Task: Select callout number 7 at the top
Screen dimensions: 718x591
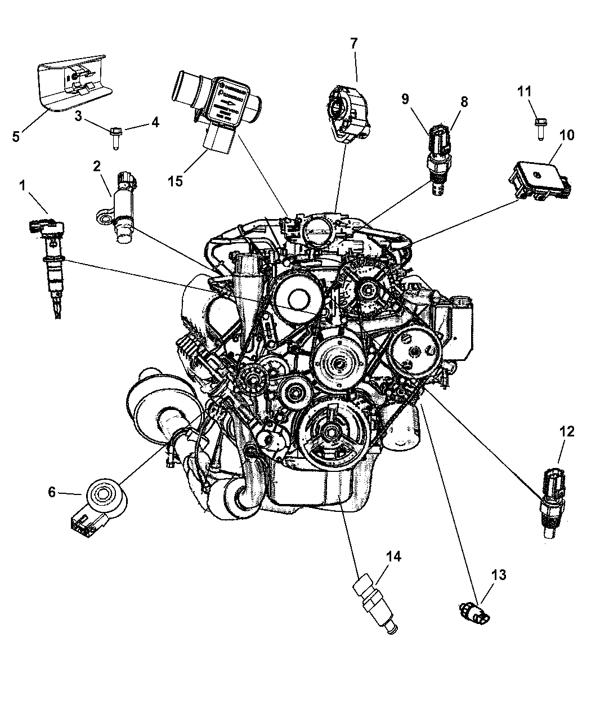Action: tap(353, 43)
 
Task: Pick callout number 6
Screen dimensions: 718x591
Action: tap(52, 493)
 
